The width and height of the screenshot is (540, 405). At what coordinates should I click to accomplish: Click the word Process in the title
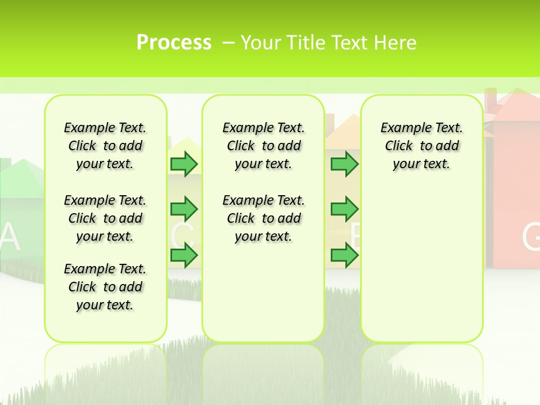pos(174,43)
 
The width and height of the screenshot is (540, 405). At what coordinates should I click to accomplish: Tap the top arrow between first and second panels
pos(183,164)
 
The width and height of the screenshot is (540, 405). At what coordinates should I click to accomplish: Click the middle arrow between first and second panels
pos(183,209)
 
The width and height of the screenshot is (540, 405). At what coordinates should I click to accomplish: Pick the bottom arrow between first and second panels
pos(183,256)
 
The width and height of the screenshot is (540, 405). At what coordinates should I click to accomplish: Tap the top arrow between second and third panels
pos(344,164)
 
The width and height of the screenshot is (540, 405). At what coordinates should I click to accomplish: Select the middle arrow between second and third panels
pos(344,209)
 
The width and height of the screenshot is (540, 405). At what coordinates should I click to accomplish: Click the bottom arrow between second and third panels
pos(344,256)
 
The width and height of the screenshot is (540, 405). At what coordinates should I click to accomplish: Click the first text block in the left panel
pos(105,146)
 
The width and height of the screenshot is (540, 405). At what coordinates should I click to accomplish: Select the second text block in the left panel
pos(105,218)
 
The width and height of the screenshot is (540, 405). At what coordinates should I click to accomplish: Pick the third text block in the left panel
pos(105,287)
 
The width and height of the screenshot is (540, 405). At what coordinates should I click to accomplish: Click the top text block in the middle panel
pos(263,146)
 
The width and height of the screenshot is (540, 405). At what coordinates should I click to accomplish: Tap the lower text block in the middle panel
pos(263,218)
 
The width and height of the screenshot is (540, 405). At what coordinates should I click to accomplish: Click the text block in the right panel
pos(421,146)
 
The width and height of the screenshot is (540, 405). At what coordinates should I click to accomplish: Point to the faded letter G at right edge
pos(531,237)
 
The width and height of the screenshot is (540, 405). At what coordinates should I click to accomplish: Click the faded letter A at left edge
pos(10,237)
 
